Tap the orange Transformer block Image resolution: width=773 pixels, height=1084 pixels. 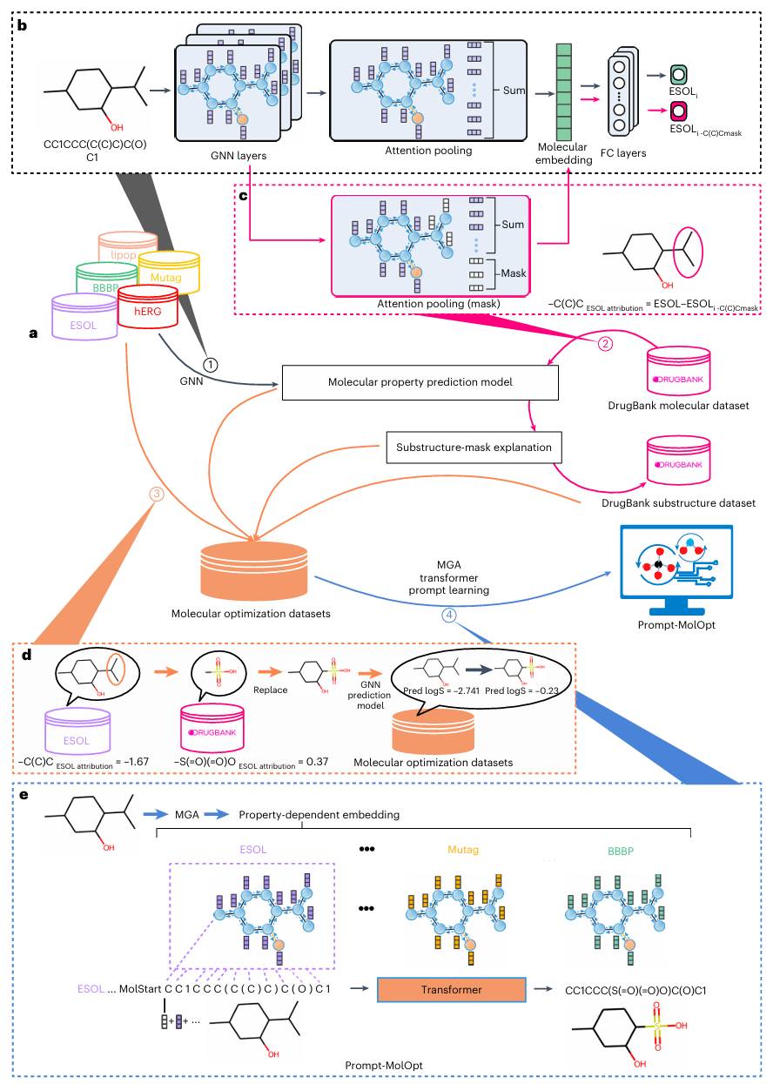451,990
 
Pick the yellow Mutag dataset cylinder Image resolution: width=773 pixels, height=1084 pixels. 171,270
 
